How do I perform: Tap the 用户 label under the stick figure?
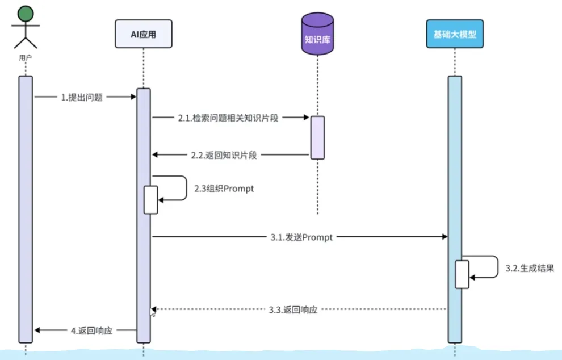[x=25, y=57]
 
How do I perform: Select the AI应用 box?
[x=143, y=34]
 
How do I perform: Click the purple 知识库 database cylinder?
[x=317, y=35]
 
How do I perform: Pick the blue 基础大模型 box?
[x=454, y=34]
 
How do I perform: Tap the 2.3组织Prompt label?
[x=224, y=189]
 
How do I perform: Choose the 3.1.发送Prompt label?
[x=302, y=237]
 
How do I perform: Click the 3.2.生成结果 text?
[x=529, y=269]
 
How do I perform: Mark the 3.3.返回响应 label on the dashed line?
[x=292, y=310]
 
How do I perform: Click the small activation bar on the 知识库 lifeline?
[x=317, y=137]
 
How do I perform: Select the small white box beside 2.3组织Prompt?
[x=150, y=200]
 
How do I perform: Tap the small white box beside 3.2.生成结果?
[x=462, y=274]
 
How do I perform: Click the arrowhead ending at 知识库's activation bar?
[x=306, y=118]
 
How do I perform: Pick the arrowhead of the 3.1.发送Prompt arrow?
[x=444, y=237]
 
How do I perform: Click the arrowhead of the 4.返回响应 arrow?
[x=37, y=330]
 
